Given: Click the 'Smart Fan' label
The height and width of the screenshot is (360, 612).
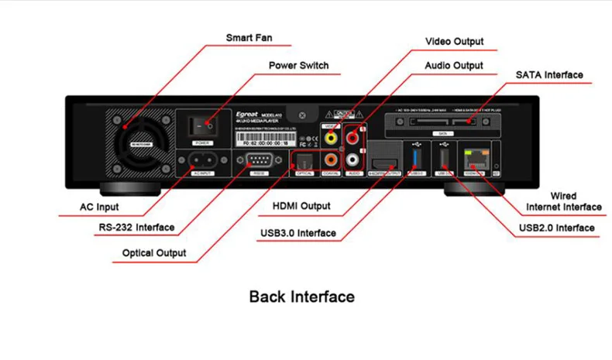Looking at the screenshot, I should pyautogui.click(x=249, y=37).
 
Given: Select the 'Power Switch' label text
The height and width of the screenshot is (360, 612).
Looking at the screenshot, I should pyautogui.click(x=298, y=66).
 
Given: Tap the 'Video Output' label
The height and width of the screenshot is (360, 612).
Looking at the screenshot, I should pyautogui.click(x=454, y=41).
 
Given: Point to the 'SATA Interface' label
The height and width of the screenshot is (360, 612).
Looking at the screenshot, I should pyautogui.click(x=549, y=75).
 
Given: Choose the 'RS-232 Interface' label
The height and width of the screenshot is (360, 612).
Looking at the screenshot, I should pyautogui.click(x=136, y=228).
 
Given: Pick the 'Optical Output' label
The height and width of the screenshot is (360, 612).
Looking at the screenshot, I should pyautogui.click(x=154, y=253).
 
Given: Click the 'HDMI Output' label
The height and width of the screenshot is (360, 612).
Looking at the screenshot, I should pyautogui.click(x=301, y=207).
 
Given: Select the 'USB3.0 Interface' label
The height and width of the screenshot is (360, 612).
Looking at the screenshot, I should pyautogui.click(x=297, y=233).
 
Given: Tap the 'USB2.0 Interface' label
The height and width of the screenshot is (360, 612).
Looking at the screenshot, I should pyautogui.click(x=556, y=228).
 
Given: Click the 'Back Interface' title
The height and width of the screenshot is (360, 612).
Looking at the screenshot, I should pyautogui.click(x=302, y=297).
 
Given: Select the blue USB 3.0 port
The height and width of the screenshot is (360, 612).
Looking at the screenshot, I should pyautogui.click(x=416, y=159).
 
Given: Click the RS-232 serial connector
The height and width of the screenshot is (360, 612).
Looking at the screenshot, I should pyautogui.click(x=259, y=161).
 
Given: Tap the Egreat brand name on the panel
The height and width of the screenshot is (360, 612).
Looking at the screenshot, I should pyautogui.click(x=246, y=112).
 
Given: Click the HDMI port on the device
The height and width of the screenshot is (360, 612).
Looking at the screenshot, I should pyautogui.click(x=384, y=162).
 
